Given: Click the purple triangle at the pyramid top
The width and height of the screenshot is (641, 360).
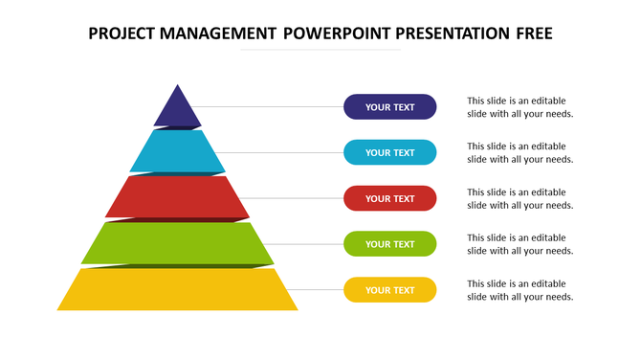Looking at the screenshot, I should (177, 110).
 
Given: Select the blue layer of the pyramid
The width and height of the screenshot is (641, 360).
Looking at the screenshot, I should (177, 151).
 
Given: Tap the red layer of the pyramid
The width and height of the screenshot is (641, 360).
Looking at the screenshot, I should (177, 197).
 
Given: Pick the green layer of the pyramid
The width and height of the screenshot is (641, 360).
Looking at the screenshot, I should (177, 243).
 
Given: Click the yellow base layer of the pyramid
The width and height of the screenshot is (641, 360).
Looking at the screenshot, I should (177, 290).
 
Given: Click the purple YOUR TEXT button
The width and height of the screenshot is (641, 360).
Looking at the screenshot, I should (389, 107).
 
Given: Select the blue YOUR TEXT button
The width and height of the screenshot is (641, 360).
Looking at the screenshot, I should (389, 152).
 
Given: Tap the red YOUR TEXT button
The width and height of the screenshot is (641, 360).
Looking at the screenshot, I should (389, 198).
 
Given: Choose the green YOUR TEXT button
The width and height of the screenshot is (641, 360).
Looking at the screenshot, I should (389, 244).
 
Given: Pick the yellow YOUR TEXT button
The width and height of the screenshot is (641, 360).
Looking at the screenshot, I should (389, 290).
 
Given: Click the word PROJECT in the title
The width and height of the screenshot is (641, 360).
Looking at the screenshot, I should (122, 34).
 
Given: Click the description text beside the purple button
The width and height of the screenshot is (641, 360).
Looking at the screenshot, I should (519, 107).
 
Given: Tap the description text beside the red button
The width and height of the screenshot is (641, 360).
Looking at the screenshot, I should (519, 198).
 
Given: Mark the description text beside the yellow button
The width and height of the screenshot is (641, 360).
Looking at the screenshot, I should (519, 290).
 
